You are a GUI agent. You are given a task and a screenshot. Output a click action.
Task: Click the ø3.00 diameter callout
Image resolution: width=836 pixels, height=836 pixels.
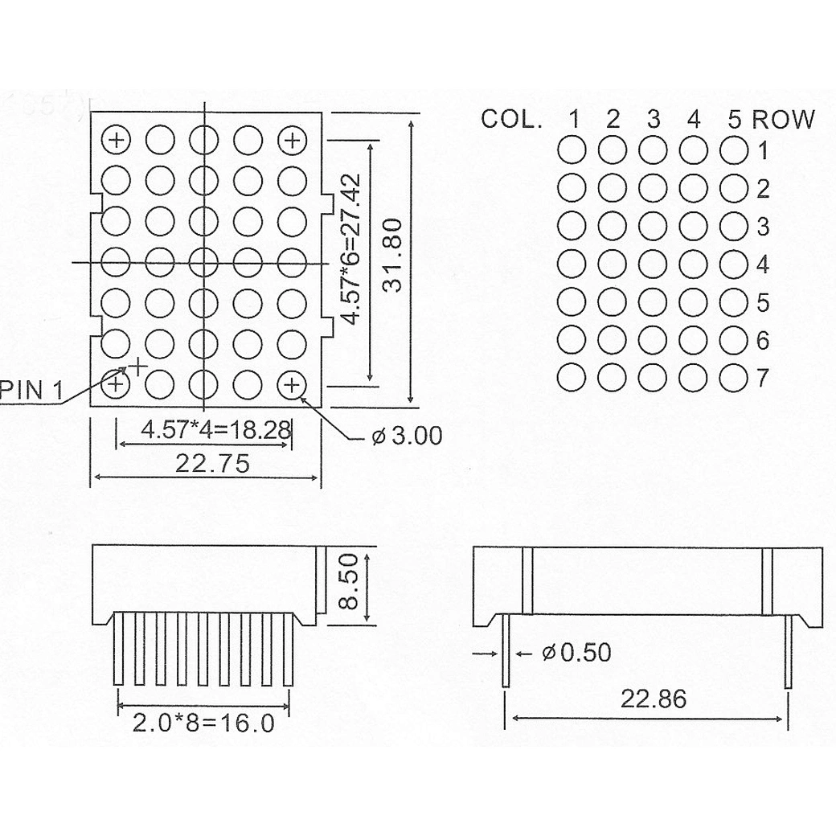tap(408, 436)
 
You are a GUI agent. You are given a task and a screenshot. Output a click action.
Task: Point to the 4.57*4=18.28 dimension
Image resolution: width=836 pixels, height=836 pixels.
tap(215, 429)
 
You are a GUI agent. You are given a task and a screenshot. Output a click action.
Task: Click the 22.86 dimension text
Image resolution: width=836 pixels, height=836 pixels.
tap(653, 699)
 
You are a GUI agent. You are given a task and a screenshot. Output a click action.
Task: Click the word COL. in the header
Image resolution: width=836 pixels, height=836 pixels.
tap(511, 120)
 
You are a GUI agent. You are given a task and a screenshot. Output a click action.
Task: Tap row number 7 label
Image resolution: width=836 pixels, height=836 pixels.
tap(762, 378)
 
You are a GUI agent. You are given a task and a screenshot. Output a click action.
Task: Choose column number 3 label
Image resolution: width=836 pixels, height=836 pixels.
tap(653, 120)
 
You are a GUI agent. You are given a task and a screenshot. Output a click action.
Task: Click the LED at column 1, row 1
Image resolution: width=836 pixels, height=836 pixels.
tap(572, 150)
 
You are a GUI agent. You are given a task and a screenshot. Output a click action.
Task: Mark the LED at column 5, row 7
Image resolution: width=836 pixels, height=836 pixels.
tap(733, 378)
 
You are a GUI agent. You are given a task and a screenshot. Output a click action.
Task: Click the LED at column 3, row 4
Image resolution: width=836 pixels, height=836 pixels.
tap(653, 264)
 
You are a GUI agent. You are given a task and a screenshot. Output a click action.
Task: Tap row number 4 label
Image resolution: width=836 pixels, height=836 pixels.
tap(762, 264)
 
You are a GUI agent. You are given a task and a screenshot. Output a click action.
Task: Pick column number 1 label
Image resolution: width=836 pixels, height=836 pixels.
tap(574, 120)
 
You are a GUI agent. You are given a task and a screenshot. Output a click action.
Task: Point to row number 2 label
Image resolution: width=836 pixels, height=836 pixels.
tap(762, 189)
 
